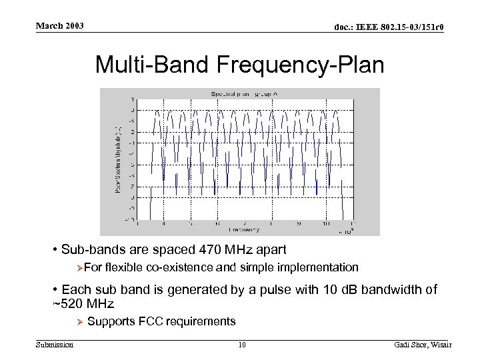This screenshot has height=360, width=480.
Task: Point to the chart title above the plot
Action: pyautogui.click(x=244, y=94)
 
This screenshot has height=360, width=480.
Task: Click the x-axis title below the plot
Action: pyautogui.click(x=244, y=230)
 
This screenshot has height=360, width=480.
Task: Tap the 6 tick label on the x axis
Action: pyautogui.click(x=217, y=224)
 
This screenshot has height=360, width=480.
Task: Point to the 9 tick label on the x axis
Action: pyautogui.click(x=298, y=224)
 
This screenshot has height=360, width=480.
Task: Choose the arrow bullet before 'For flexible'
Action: pyautogui.click(x=79, y=268)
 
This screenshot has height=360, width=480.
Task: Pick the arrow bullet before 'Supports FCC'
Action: pyautogui.click(x=79, y=322)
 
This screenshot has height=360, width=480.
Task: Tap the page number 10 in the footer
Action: pyautogui.click(x=242, y=345)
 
